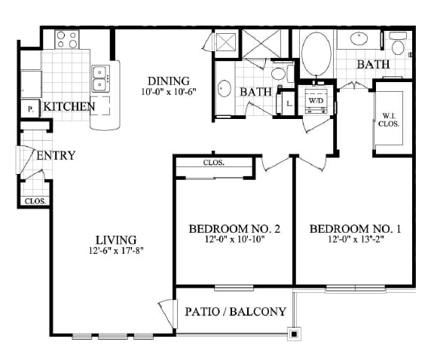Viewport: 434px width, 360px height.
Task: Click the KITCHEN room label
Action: pyautogui.click(x=69, y=106)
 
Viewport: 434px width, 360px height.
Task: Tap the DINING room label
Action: pyautogui.click(x=169, y=81)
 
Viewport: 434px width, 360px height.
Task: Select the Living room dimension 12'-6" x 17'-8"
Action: pyautogui.click(x=116, y=251)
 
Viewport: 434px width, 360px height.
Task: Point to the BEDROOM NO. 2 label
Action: pyautogui.click(x=234, y=229)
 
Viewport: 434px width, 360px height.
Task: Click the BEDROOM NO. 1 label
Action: pyautogui.click(x=356, y=229)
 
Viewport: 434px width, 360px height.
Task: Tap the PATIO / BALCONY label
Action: pyautogui.click(x=235, y=312)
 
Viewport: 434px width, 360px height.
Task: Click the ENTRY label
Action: pyautogui.click(x=56, y=155)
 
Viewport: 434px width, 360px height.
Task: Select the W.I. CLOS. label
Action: pyautogui.click(x=389, y=120)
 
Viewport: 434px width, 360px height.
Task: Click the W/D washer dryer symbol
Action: pyautogui.click(x=316, y=100)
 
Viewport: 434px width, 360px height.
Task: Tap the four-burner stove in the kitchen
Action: pyautogui.click(x=67, y=40)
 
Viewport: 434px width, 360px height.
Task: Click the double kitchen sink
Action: pyautogui.click(x=99, y=78)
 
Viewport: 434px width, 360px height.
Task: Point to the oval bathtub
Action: pyautogui.click(x=316, y=54)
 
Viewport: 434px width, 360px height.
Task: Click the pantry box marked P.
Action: pyautogui.click(x=30, y=109)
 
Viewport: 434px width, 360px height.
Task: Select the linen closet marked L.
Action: pyautogui.click(x=288, y=104)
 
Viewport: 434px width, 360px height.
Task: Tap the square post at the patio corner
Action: pyautogui.click(x=294, y=334)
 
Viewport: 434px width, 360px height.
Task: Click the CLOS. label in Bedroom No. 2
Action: pyautogui.click(x=214, y=163)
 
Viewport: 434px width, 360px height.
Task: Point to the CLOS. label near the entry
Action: pyautogui.click(x=35, y=201)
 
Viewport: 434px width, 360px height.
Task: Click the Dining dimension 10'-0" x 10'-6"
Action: pyautogui.click(x=169, y=92)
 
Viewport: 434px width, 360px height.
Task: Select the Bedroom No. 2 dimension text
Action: pyautogui.click(x=235, y=239)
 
